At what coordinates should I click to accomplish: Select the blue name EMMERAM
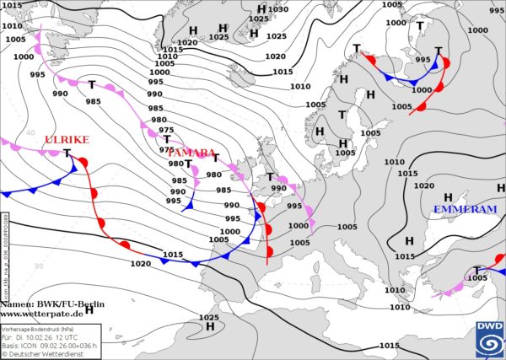pos(465,209)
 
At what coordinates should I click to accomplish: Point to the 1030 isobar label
pos(278,9)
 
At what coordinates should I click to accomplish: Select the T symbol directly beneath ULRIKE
pos(67,153)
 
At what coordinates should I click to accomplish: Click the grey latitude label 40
pos(30,132)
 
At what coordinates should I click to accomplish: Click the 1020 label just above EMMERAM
pos(423,186)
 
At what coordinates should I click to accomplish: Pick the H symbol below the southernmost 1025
pos(210,326)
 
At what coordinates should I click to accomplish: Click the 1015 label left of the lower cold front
pos(173,254)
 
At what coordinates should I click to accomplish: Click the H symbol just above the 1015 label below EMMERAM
pos(409,241)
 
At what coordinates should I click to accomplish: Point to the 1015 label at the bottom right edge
pos(389,346)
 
